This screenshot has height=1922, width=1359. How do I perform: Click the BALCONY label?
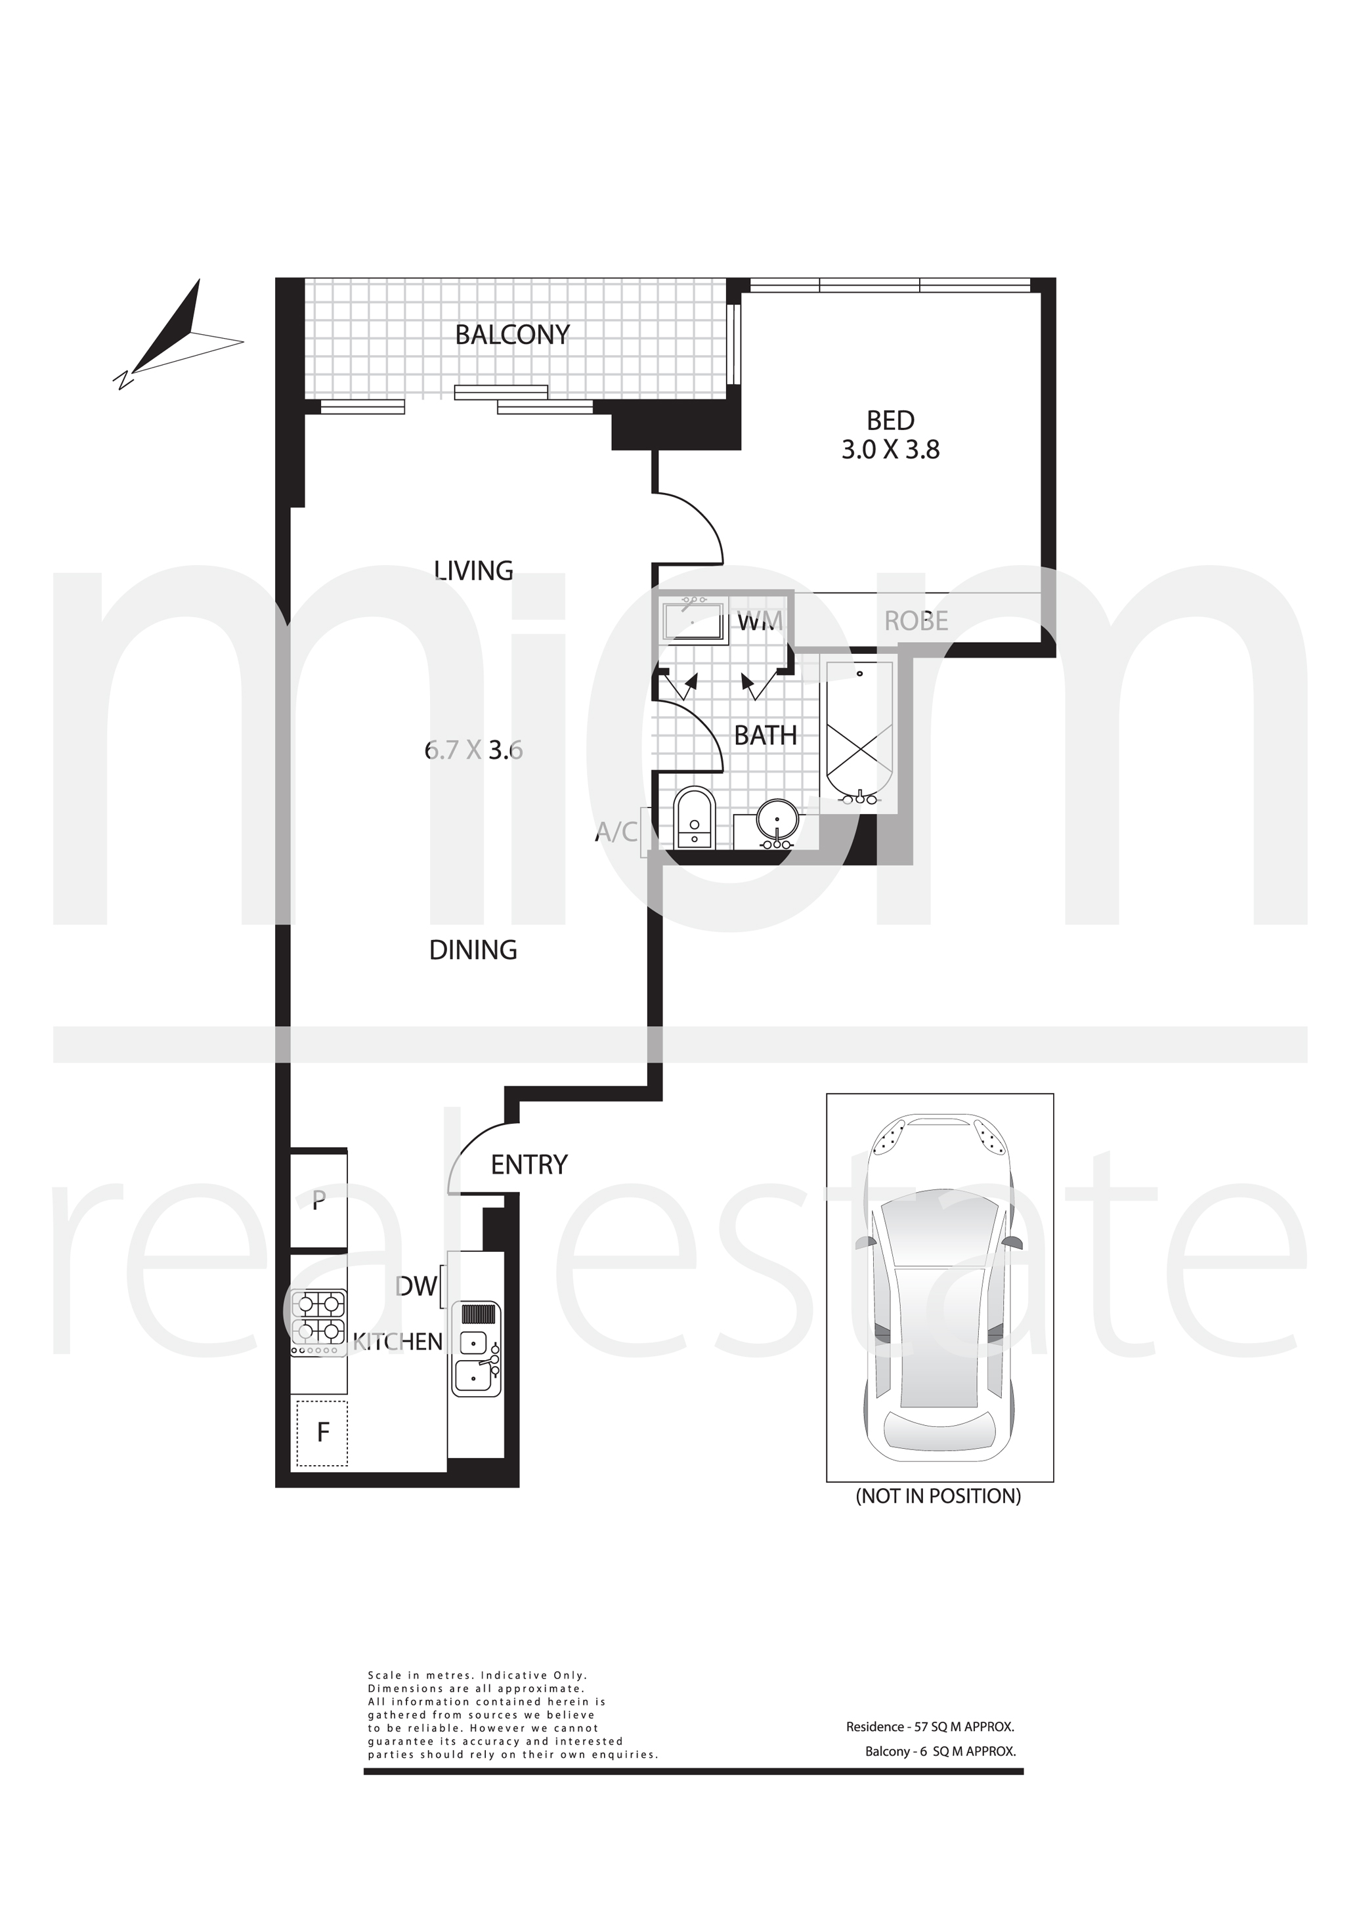click(x=511, y=335)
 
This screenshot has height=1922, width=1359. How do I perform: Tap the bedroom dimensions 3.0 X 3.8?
click(x=890, y=450)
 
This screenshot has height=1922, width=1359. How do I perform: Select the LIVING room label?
click(x=473, y=571)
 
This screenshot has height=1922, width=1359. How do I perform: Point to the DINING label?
click(x=473, y=950)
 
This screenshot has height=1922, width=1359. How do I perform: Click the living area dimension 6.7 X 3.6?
click(x=474, y=750)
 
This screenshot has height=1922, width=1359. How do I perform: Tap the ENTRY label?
click(x=529, y=1164)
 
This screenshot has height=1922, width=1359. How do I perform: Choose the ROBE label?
click(x=916, y=621)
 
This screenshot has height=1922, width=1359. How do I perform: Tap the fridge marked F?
click(x=322, y=1432)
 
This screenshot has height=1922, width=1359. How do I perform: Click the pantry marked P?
click(x=318, y=1201)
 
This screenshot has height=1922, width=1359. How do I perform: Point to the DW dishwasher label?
click(x=416, y=1287)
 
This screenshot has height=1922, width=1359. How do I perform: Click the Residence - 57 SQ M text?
click(x=930, y=1727)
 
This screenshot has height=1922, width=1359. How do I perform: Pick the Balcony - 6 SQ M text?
click(x=940, y=1751)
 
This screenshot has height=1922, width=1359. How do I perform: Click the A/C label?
click(x=616, y=832)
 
